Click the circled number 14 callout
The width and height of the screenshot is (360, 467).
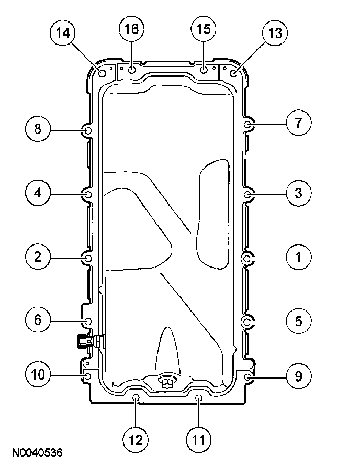(63, 33)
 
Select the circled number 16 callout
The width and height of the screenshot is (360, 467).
(132, 29)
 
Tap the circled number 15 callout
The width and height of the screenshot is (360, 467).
(204, 29)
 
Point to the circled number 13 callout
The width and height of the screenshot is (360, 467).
(275, 33)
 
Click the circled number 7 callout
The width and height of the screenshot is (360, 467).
(299, 123)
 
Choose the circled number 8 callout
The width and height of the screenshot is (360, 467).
(38, 129)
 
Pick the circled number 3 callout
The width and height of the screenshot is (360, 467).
(299, 193)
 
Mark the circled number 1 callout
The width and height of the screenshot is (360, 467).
(299, 258)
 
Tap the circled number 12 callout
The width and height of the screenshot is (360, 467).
(136, 440)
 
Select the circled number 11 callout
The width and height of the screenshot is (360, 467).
(199, 440)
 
